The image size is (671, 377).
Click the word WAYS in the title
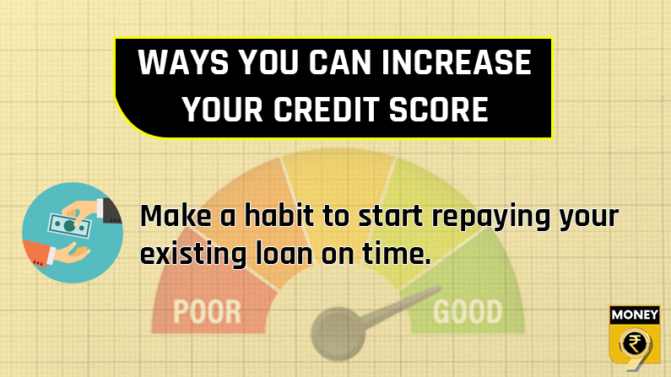(183, 62)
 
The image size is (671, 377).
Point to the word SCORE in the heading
(439, 109)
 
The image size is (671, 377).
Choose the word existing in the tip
(193, 254)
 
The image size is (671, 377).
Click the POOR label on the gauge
(207, 311)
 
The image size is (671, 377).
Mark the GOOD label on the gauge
(468, 311)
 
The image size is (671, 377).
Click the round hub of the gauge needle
(338, 333)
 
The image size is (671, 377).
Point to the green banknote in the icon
(70, 225)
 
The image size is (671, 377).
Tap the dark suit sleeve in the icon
(111, 211)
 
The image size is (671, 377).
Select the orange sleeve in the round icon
(35, 253)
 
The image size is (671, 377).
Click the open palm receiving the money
(72, 253)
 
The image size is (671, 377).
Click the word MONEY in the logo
(635, 315)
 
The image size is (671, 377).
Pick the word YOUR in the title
(223, 109)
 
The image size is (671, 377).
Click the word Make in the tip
(176, 215)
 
